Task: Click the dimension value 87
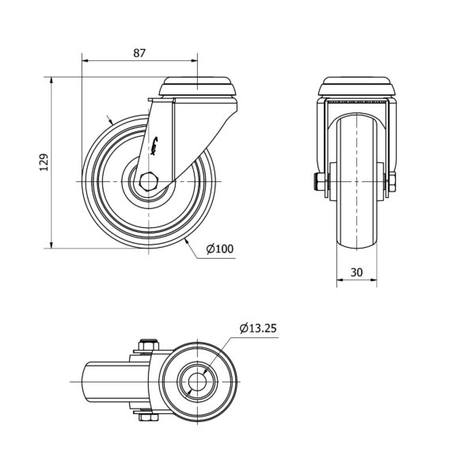(x=139, y=53)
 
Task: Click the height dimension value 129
(x=44, y=162)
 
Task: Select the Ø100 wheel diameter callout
(x=220, y=249)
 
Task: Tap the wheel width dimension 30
(x=356, y=272)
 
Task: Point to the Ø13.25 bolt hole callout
(x=258, y=328)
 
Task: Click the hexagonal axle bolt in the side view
(x=148, y=182)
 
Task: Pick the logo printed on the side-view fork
(x=154, y=146)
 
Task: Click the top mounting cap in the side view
(x=197, y=87)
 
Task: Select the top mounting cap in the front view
(x=357, y=87)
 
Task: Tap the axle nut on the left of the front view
(x=319, y=182)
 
